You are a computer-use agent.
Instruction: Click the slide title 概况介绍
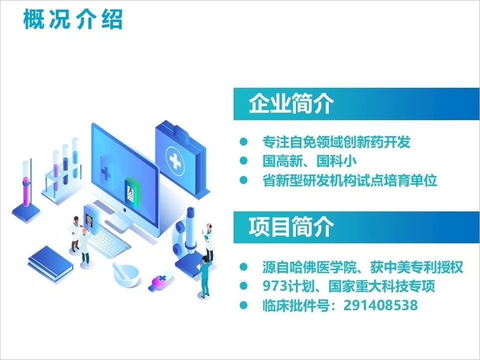[x=73, y=19]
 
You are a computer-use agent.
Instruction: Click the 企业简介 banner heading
[x=291, y=103]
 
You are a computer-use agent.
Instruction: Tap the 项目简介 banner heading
[x=291, y=227]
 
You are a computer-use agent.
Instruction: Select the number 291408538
[x=381, y=305]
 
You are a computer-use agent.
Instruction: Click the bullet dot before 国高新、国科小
[x=243, y=161]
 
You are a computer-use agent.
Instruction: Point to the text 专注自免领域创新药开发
[x=336, y=142]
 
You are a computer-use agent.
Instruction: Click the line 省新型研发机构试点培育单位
[x=350, y=180]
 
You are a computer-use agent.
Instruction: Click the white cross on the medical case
[x=175, y=161]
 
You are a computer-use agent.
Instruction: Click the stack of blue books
[x=50, y=263]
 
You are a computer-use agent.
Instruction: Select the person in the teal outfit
[x=205, y=277]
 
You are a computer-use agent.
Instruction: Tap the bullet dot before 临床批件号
[x=243, y=305]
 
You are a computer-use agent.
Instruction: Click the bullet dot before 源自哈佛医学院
[x=243, y=267]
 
